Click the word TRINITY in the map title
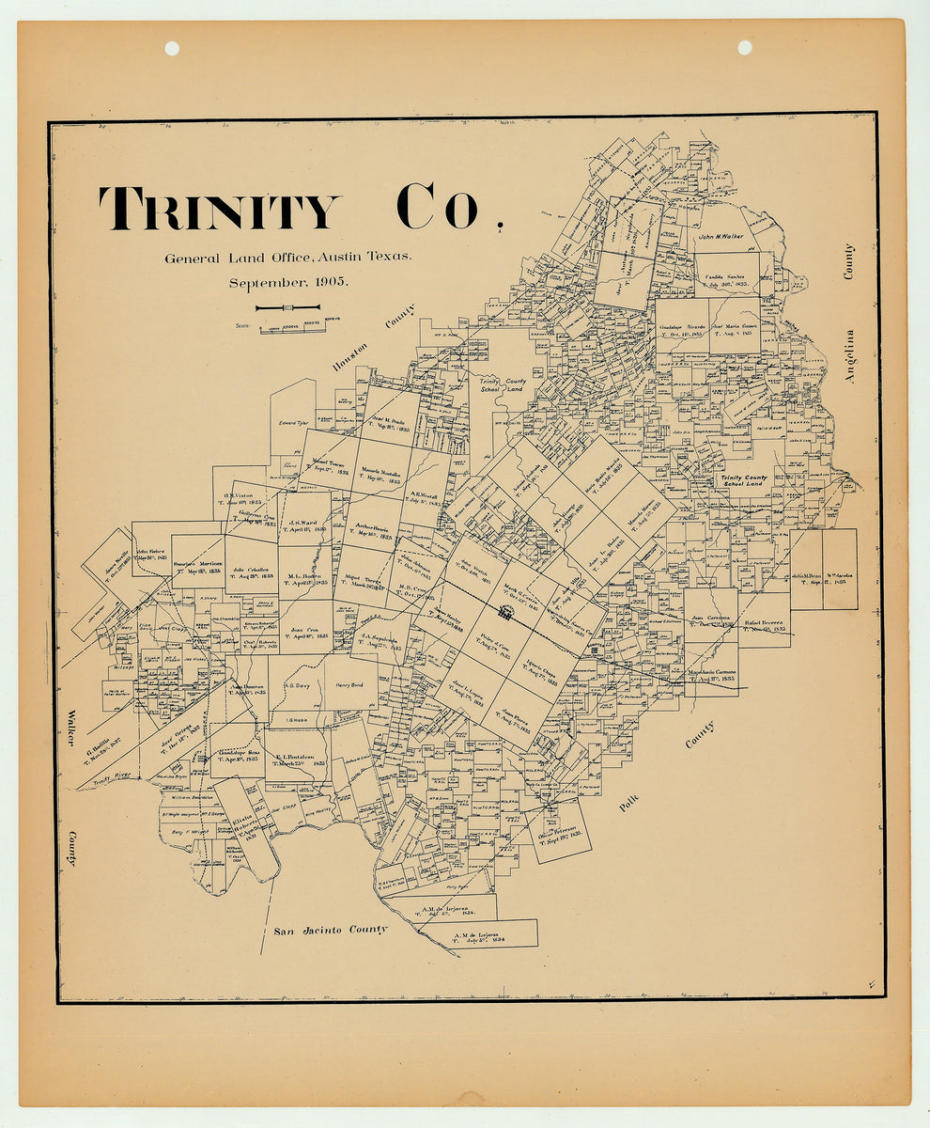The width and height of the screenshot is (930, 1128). click(x=218, y=209)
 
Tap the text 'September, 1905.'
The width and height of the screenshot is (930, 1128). click(x=287, y=282)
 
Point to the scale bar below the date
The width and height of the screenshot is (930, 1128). click(x=287, y=307)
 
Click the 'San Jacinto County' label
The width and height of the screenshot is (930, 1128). click(x=330, y=931)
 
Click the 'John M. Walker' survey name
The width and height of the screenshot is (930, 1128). click(x=720, y=237)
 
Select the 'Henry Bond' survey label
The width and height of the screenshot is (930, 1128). click(x=349, y=684)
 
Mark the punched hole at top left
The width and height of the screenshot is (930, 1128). click(x=172, y=48)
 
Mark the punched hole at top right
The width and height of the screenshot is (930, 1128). click(x=745, y=47)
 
